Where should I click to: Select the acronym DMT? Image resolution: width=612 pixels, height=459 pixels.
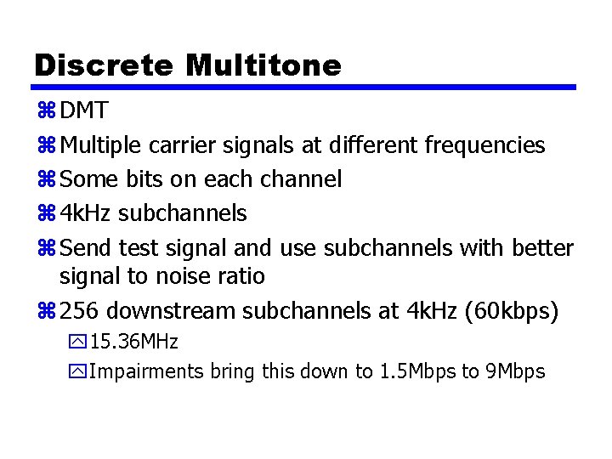coord(84,111)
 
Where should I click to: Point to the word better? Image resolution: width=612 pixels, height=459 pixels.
coord(543,248)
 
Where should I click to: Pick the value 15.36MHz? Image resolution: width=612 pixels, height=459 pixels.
coord(133,343)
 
